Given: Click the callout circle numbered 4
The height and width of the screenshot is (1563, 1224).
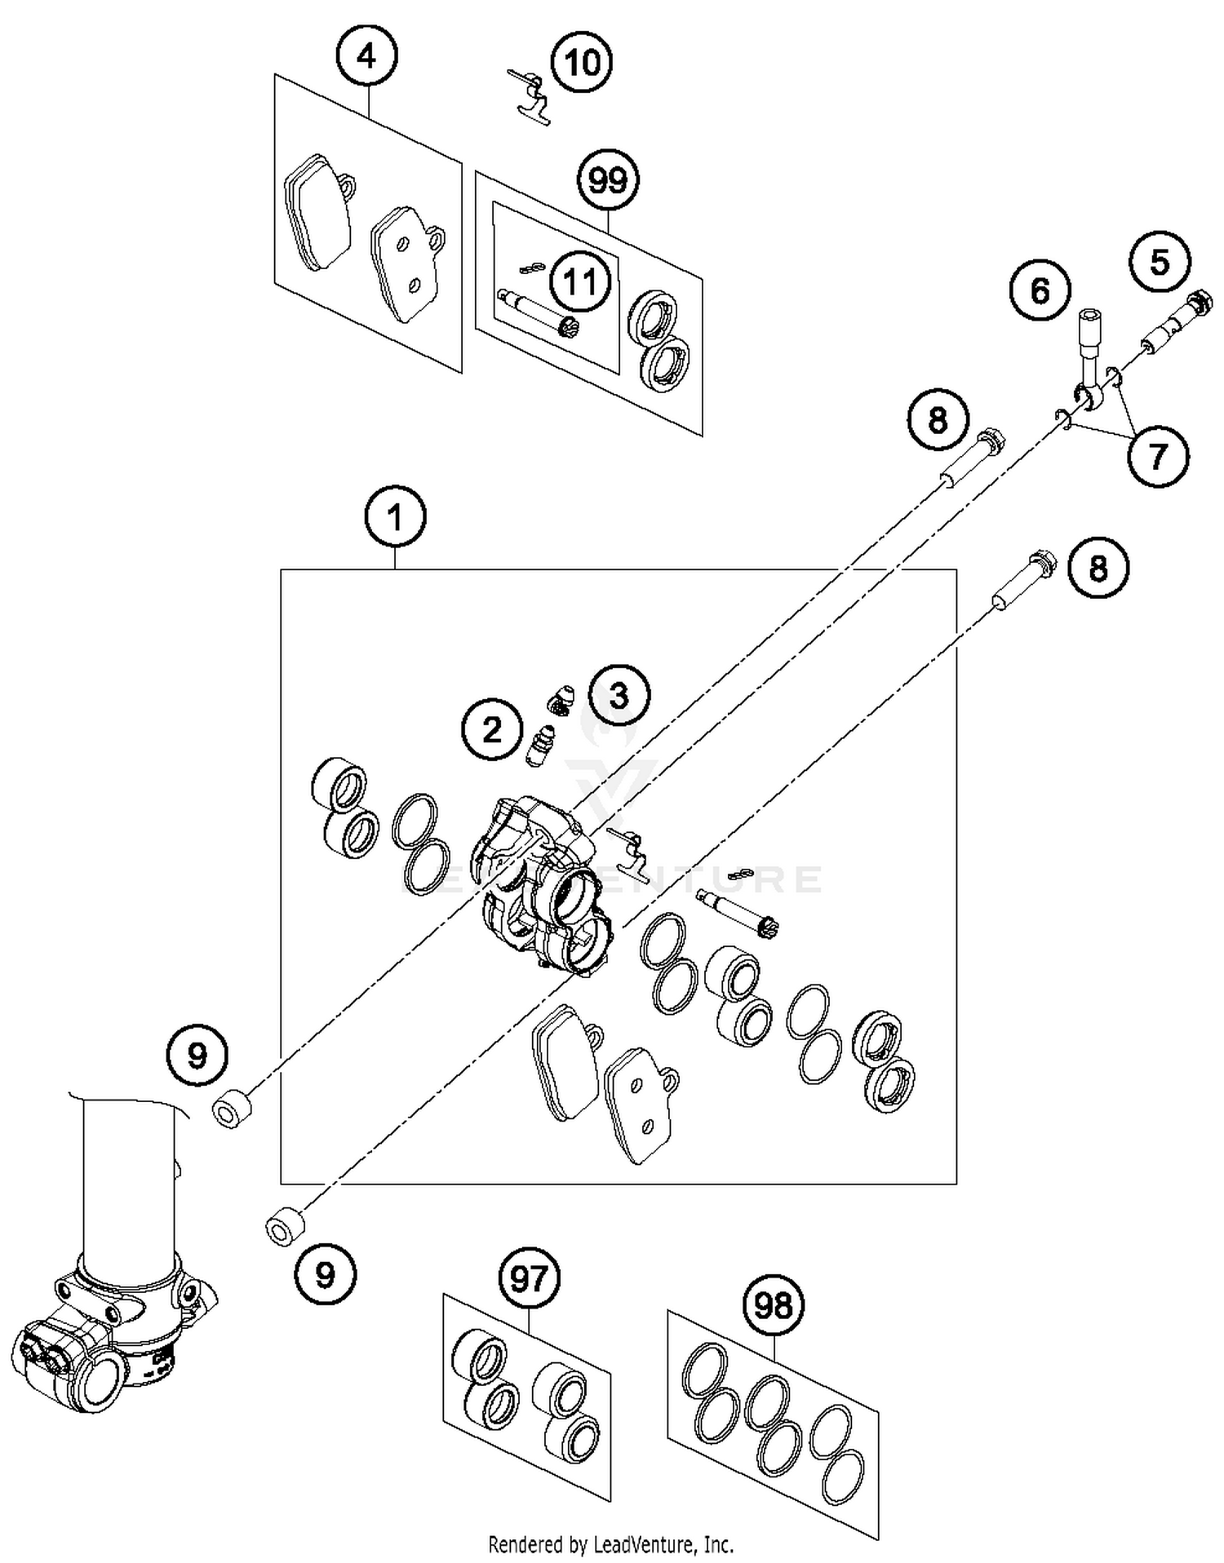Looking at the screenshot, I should (367, 57).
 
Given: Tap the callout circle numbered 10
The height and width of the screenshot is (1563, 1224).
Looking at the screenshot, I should (583, 62).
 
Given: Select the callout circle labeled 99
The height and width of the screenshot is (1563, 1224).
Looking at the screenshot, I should (608, 180).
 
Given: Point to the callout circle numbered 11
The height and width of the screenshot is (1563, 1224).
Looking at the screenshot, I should (580, 282).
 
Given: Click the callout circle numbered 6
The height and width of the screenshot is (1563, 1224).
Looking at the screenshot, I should (1040, 290).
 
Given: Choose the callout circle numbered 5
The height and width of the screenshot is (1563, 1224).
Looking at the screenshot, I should (1160, 263).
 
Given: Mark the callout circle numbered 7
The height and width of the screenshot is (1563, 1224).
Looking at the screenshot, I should (1158, 456).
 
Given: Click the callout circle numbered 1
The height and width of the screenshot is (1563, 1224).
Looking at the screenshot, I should (396, 517).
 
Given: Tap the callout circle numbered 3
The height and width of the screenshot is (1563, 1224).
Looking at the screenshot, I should (619, 696).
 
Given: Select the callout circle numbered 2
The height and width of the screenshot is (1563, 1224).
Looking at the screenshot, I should (492, 729).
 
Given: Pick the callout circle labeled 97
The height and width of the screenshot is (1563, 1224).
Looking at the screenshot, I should (529, 1278).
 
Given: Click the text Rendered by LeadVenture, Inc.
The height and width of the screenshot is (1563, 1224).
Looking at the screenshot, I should (610, 1544).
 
